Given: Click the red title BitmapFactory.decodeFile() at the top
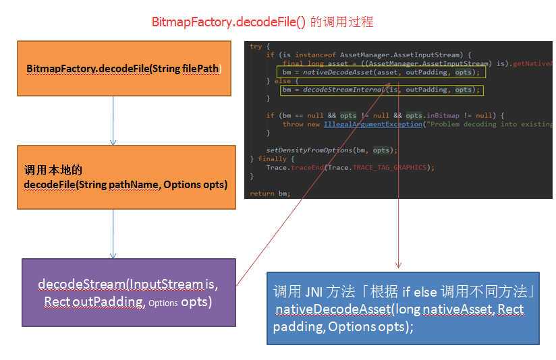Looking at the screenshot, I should click(x=229, y=22).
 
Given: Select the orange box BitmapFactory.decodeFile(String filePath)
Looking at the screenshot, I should click(x=124, y=69).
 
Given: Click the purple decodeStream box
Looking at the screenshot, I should click(x=128, y=293).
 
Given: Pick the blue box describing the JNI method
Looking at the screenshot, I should click(x=403, y=309).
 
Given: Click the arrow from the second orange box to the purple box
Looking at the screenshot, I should click(x=113, y=233).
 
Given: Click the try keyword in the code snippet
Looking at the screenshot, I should click(x=256, y=46).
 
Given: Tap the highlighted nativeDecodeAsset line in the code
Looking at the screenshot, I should click(x=381, y=72).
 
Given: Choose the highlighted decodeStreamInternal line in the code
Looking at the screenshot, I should click(x=381, y=90).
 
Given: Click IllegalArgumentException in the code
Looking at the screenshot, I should click(x=372, y=124).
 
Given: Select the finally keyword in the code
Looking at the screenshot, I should click(x=273, y=158).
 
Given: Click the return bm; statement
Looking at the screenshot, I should click(x=270, y=193).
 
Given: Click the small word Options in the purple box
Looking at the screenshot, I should click(x=163, y=303).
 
